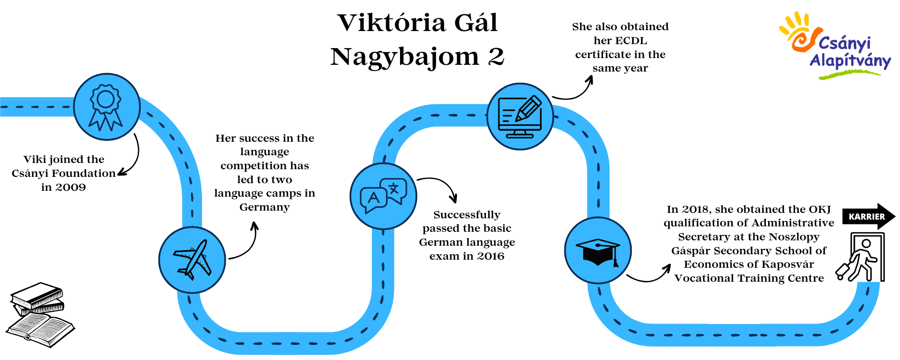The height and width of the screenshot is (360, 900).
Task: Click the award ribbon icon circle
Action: (x=107, y=107)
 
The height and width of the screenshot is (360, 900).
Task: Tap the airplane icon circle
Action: (x=192, y=260)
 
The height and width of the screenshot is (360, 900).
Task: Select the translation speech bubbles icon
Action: (x=383, y=196)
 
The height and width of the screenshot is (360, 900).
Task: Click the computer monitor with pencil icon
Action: (x=520, y=117)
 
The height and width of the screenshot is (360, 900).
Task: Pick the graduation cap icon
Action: (x=598, y=252)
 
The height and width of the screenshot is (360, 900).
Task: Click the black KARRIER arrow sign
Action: (x=868, y=216)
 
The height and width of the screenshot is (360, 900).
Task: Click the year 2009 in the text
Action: (x=70, y=187)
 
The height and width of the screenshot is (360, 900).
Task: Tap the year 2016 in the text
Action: (x=490, y=256)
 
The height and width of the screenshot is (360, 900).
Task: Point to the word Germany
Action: (x=265, y=207)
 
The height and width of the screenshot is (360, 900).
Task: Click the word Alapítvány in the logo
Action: (x=850, y=61)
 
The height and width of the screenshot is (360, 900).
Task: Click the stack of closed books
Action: (x=37, y=299)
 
